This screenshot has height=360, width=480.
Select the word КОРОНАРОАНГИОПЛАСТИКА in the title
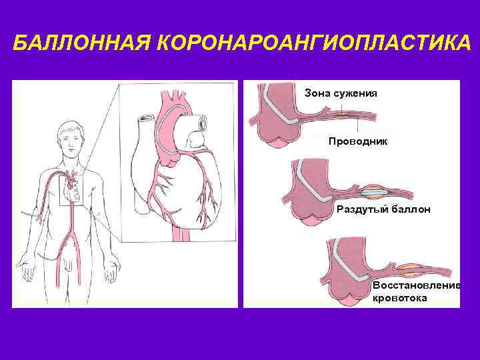tap(311, 44)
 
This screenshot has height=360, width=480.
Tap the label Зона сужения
tap(341, 93)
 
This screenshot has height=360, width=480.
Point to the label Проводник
tap(357, 141)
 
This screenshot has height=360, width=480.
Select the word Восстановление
tap(417, 285)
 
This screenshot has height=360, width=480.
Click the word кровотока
tap(400, 298)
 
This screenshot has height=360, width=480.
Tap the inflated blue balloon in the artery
tap(375, 191)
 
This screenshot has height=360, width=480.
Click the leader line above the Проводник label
tap(359, 127)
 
